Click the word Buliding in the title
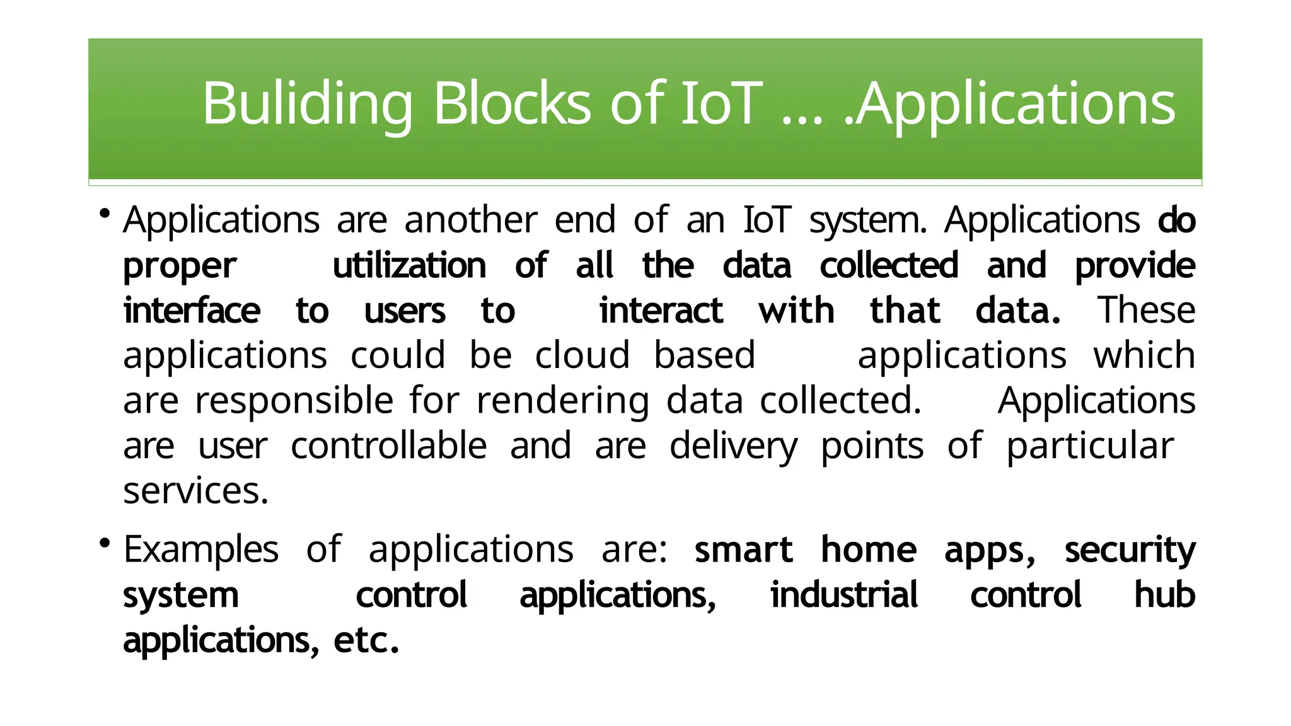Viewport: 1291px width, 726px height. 307,104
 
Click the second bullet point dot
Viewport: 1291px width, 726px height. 105,543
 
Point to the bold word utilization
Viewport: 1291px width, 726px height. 409,265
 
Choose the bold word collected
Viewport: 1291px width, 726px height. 889,265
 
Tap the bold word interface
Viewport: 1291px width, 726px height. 192,311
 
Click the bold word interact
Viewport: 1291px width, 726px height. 661,311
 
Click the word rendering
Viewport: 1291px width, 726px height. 562,401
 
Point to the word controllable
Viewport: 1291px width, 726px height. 388,446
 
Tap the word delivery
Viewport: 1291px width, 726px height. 733,446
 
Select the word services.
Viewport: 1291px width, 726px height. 195,491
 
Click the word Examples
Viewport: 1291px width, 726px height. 200,550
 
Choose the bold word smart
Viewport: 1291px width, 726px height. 743,550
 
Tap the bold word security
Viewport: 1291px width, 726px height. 1130,550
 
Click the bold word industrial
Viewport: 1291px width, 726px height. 844,595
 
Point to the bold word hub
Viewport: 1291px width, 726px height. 1164,595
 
